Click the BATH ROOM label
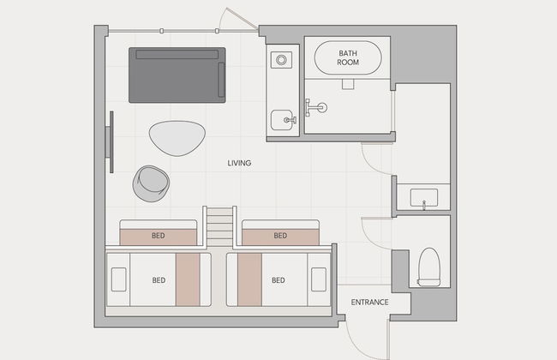click(348, 57)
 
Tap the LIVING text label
click(239, 163)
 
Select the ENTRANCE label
click(369, 302)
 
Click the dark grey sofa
click(177, 75)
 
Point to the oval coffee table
click(177, 138)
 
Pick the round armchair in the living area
click(151, 183)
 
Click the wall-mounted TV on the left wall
click(111, 142)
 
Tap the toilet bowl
click(428, 267)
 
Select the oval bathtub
click(348, 57)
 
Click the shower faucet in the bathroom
click(316, 107)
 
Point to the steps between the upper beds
click(219, 227)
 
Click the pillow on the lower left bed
click(118, 279)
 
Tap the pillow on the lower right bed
click(319, 279)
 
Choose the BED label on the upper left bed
click(158, 236)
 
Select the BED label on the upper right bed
click(280, 236)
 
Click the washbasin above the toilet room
click(424, 198)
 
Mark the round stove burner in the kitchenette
click(281, 60)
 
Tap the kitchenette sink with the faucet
click(283, 120)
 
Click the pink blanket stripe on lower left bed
click(188, 279)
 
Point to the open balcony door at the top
click(237, 19)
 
